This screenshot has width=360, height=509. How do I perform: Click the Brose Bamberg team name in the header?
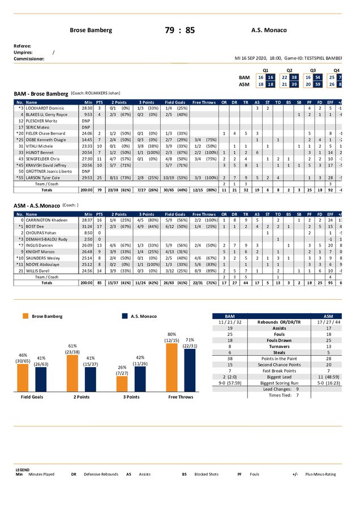[x=91, y=31]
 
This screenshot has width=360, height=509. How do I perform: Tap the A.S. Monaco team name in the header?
[x=269, y=31]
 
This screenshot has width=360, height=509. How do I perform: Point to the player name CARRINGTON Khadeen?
[x=46, y=219]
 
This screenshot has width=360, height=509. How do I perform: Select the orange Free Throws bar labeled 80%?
[x=173, y=367]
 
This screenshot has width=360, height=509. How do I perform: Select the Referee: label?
[x=23, y=46]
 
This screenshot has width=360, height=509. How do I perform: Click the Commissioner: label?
[x=29, y=58]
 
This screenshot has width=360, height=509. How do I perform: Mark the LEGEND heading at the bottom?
[x=23, y=469]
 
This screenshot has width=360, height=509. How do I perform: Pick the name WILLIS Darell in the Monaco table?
[x=37, y=271]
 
